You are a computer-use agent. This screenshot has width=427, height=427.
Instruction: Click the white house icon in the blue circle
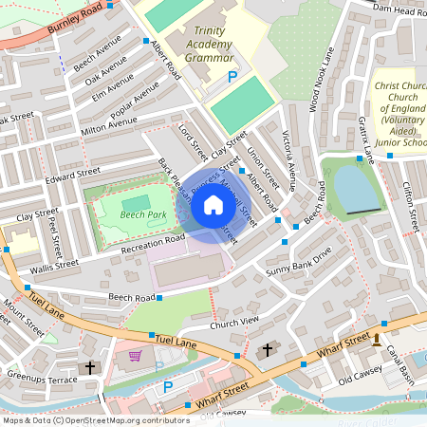point(213,203)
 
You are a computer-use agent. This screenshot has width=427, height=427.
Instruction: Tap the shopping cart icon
point(135,356)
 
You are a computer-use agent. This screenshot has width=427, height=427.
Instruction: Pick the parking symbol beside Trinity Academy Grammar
point(231,76)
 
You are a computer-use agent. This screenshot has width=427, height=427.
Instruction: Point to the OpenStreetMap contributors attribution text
point(96,419)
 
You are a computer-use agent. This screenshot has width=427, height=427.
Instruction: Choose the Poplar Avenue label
point(135,103)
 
